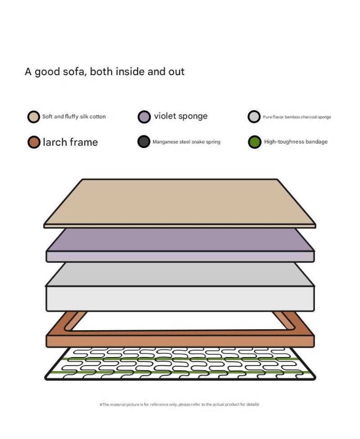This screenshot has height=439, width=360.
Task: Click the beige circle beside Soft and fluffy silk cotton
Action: coord(33,117)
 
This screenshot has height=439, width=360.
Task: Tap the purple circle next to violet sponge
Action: coord(144,117)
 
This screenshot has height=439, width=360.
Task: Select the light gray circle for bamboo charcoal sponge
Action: coord(254,117)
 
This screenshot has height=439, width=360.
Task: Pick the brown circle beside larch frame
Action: coord(34,142)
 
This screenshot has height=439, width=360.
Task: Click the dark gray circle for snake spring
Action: coord(144,142)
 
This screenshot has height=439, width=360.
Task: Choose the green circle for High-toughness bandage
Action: coord(255,142)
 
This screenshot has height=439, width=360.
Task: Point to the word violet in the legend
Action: coord(165,116)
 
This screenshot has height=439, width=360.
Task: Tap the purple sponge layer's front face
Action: coord(180,256)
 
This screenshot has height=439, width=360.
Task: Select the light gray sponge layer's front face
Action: coord(180,299)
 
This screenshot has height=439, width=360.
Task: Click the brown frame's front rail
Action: coord(180,341)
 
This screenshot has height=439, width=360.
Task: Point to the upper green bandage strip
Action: coord(180,358)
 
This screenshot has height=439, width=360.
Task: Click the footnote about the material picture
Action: coord(179,404)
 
